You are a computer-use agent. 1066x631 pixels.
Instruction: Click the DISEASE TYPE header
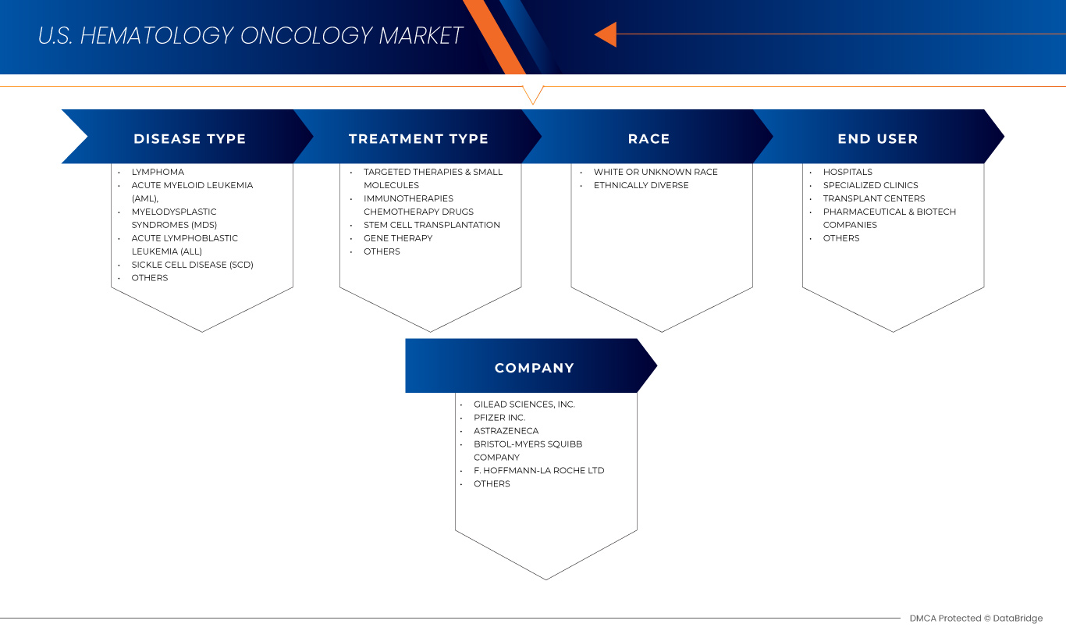pyautogui.click(x=190, y=138)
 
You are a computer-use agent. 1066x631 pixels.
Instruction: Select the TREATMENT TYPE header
pyautogui.click(x=418, y=138)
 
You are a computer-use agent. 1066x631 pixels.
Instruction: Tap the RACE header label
pyautogui.click(x=648, y=138)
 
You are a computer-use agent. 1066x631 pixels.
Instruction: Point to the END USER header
pyautogui.click(x=878, y=138)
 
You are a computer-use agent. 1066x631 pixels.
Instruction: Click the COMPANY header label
pyautogui.click(x=534, y=368)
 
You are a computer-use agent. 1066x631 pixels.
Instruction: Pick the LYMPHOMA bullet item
pyautogui.click(x=158, y=172)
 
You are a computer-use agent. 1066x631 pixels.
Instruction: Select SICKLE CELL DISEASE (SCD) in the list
pyautogui.click(x=192, y=265)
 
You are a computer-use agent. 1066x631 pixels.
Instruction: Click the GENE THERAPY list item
pyautogui.click(x=398, y=238)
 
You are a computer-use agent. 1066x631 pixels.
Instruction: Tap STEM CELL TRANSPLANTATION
pyautogui.click(x=432, y=225)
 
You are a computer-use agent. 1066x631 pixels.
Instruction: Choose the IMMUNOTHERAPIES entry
pyautogui.click(x=408, y=198)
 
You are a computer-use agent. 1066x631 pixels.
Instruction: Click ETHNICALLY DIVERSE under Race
pyautogui.click(x=641, y=185)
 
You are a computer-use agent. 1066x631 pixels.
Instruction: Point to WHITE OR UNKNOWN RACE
pyautogui.click(x=656, y=172)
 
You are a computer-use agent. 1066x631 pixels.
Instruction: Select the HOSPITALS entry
pyautogui.click(x=847, y=172)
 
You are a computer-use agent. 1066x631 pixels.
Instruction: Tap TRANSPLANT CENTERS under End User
pyautogui.click(x=874, y=198)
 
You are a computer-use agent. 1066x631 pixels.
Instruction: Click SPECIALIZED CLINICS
pyautogui.click(x=870, y=185)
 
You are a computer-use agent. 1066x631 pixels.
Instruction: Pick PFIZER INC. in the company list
pyautogui.click(x=499, y=418)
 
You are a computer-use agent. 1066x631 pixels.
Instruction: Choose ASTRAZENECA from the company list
pyautogui.click(x=506, y=431)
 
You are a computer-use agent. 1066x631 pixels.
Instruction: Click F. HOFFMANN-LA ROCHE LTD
pyautogui.click(x=538, y=470)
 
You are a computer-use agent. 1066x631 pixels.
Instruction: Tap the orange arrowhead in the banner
pyautogui.click(x=606, y=34)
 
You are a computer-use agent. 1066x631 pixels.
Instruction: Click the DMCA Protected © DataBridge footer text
pyautogui.click(x=976, y=619)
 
